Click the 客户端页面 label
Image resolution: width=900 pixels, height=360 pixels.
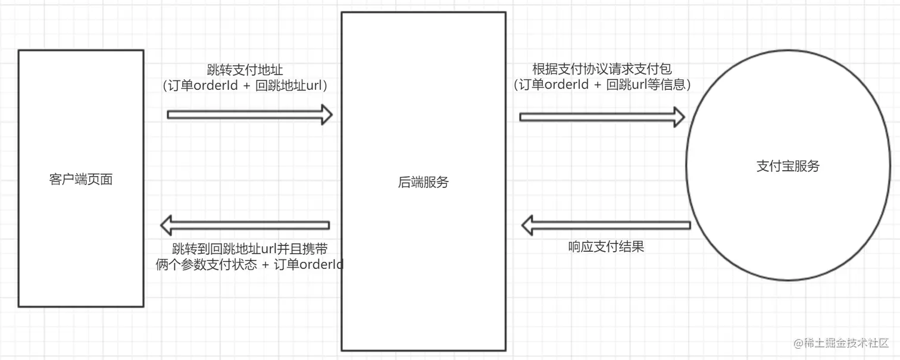point(80,179)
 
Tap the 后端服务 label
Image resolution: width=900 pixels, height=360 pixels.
point(423,183)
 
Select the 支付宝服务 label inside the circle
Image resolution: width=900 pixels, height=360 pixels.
point(787,166)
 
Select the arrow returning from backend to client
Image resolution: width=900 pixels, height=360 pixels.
point(245,225)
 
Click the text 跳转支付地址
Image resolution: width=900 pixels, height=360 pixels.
point(245,70)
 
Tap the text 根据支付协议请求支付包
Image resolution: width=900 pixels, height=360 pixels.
point(602,69)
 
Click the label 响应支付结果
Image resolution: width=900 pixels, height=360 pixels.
point(606,246)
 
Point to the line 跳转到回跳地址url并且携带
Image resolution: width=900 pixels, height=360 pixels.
point(249,248)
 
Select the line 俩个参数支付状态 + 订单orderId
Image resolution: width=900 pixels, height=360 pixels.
point(249,264)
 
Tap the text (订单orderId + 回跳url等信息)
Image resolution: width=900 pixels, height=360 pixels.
point(602,84)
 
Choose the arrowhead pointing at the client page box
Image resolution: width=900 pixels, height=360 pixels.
point(166,225)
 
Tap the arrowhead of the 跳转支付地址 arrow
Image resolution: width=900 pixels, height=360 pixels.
point(327,114)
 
